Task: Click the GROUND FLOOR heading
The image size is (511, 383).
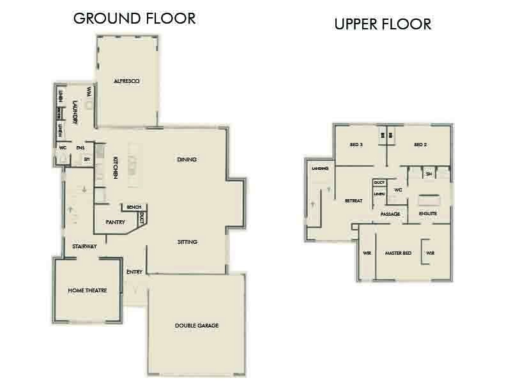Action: [134, 18]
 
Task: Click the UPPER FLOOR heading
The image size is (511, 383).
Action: [383, 25]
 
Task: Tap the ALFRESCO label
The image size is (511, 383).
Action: [126, 81]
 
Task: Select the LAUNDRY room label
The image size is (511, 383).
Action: [75, 112]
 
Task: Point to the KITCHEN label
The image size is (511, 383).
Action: [116, 167]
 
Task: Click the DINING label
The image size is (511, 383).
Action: [187, 159]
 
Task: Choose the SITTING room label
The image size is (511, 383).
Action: [187, 242]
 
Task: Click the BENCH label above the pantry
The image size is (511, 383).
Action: [133, 207]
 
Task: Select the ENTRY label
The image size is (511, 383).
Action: [134, 272]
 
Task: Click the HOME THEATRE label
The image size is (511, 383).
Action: [86, 290]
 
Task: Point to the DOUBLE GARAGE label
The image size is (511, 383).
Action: [197, 326]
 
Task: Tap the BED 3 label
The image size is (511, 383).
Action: [356, 145]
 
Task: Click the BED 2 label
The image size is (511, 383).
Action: [420, 145]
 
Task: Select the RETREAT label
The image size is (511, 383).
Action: [353, 200]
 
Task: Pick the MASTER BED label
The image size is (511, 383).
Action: [397, 253]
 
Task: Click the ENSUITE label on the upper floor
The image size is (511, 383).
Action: [428, 213]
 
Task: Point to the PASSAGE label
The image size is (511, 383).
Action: [390, 214]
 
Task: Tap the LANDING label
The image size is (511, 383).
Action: [319, 169]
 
